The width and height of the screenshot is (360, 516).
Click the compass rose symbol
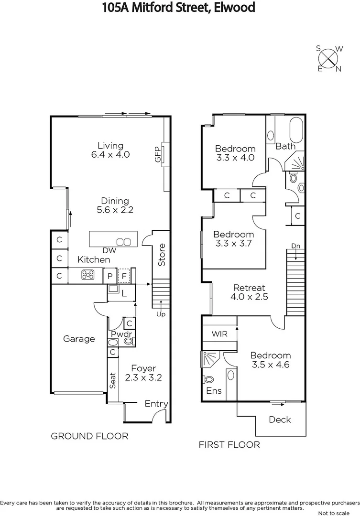click(x=329, y=58)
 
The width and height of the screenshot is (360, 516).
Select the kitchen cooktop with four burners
click(x=88, y=275)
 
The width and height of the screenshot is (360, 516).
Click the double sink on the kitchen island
click(x=124, y=241)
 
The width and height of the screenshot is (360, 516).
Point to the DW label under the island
click(x=109, y=250)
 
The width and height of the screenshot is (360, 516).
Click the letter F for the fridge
click(x=124, y=276)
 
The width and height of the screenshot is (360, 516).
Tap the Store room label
click(x=162, y=255)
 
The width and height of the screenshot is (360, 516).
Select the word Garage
click(x=79, y=339)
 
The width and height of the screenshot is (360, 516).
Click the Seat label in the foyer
click(x=113, y=380)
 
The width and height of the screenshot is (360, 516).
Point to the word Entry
click(x=156, y=404)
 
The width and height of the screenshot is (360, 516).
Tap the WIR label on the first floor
click(x=220, y=333)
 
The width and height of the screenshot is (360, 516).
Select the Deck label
click(x=280, y=419)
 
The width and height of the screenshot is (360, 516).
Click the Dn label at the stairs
click(x=296, y=246)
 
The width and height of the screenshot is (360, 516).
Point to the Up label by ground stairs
click(x=161, y=314)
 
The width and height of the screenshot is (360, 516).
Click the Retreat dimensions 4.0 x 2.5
click(x=249, y=297)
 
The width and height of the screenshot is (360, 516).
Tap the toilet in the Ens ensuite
click(x=209, y=379)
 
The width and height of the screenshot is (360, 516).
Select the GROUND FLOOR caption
click(x=89, y=436)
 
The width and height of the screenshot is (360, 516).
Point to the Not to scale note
click(x=338, y=513)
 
